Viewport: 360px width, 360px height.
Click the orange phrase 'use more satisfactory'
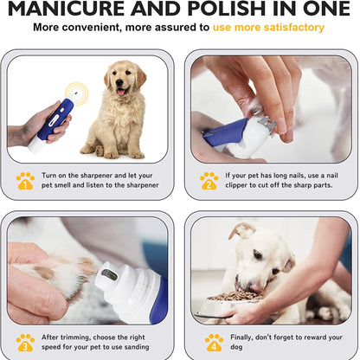pyautogui.click(x=268, y=28)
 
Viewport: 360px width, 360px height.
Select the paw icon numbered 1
pyautogui.click(x=25, y=180)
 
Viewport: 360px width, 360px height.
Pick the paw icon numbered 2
pyautogui.click(x=209, y=180)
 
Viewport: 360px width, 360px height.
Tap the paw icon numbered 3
pyautogui.click(x=25, y=341)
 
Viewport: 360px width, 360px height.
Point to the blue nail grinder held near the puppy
pyautogui.click(x=54, y=122)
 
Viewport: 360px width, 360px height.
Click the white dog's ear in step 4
pyautogui.click(x=243, y=231)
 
